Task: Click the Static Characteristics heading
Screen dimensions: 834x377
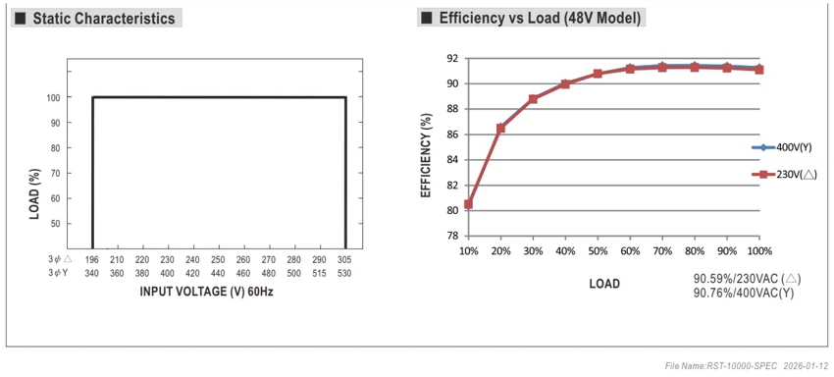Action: tap(104, 19)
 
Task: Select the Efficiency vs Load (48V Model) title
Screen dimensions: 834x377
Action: tap(540, 18)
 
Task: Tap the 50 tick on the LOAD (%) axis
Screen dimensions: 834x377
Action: tap(54, 224)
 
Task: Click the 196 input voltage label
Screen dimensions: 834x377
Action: tap(92, 260)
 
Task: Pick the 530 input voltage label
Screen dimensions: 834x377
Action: tap(344, 273)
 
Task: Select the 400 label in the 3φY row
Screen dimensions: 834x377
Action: tap(168, 273)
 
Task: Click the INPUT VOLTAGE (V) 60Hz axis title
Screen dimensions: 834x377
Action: tap(206, 292)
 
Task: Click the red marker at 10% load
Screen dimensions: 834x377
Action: tap(468, 204)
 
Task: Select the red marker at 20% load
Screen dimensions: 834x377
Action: tap(500, 128)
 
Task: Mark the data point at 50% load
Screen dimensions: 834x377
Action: tap(598, 74)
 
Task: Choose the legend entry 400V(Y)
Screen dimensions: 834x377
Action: tap(781, 147)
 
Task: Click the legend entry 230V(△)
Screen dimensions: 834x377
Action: tap(784, 174)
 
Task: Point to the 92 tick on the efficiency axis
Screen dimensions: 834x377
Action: tap(452, 58)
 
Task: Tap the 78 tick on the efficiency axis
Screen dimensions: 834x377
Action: tap(452, 236)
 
